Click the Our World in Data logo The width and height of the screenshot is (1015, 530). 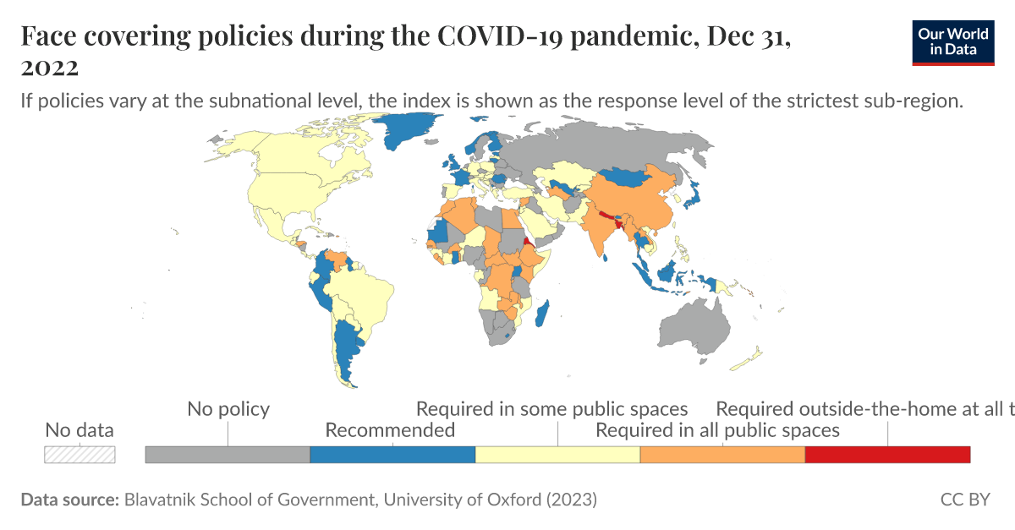pyautogui.click(x=952, y=41)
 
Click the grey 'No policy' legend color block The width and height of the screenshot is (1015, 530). pyautogui.click(x=228, y=455)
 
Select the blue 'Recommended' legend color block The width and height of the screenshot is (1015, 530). pyautogui.click(x=392, y=455)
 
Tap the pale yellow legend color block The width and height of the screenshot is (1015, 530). pyautogui.click(x=557, y=455)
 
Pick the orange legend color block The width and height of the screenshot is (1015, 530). pyautogui.click(x=722, y=455)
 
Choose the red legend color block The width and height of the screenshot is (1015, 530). pyautogui.click(x=887, y=455)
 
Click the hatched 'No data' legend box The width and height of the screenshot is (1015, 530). pyautogui.click(x=80, y=454)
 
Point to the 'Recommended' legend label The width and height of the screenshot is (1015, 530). pyautogui.click(x=390, y=430)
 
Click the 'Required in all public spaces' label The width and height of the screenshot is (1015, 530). pyautogui.click(x=717, y=430)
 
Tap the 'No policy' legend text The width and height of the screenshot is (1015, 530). pyautogui.click(x=228, y=409)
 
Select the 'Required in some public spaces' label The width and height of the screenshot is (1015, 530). pyautogui.click(x=551, y=409)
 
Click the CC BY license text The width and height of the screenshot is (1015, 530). pyautogui.click(x=964, y=500)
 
